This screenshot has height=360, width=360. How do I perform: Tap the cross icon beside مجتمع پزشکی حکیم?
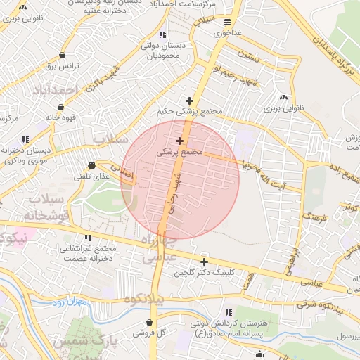click(188, 101)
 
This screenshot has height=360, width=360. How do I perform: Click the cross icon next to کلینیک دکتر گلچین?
click(204, 262)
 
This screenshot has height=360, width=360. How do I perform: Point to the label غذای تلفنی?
click(96, 176)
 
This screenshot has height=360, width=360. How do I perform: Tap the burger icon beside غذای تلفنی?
click(92, 165)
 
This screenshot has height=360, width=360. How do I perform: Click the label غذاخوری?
click(228, 33)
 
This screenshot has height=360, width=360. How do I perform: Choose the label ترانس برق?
click(60, 66)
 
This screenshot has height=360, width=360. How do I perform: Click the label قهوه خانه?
click(61, 118)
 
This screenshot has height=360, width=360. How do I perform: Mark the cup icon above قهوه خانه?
click(60, 107)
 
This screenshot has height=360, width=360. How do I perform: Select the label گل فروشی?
click(152, 333)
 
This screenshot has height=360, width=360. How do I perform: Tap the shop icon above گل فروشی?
click(150, 322)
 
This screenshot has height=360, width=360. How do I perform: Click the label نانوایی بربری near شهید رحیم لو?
click(283, 109)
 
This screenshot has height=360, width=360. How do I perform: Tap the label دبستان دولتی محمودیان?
click(163, 50)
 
